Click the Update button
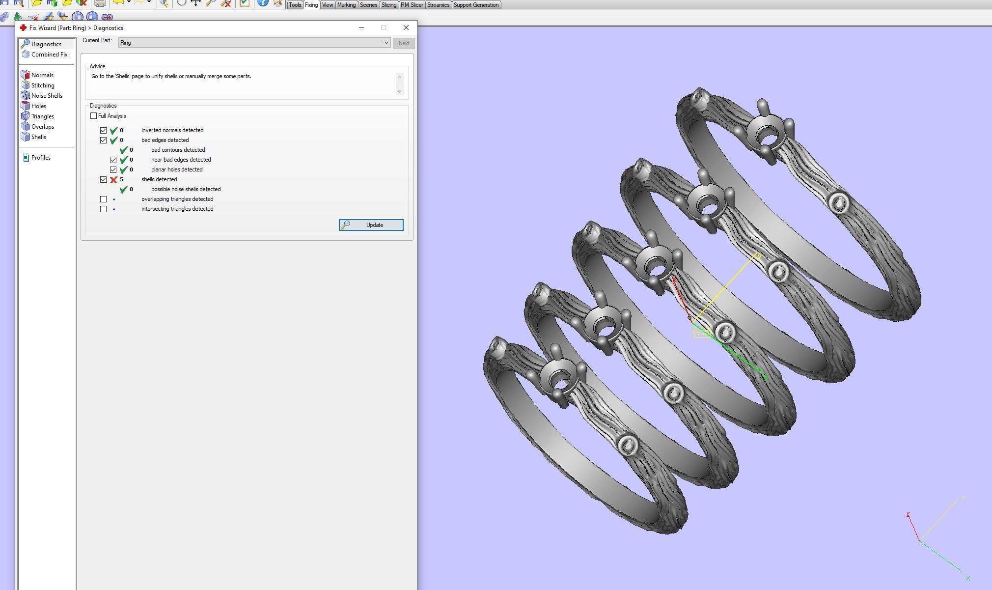[x=371, y=225]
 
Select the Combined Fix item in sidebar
[x=49, y=55]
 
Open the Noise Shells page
[x=46, y=96]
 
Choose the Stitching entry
[x=43, y=85]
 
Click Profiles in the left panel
[x=41, y=158]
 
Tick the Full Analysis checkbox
[x=94, y=116]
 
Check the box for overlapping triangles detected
[x=103, y=199]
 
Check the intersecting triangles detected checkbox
[x=103, y=209]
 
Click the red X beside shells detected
[x=113, y=179]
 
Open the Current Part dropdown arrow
[x=386, y=43]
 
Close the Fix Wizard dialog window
[x=406, y=28]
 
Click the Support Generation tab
[x=476, y=5]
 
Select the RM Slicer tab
[x=412, y=5]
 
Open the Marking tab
[x=346, y=5]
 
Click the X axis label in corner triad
[x=967, y=578]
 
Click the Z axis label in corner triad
[x=908, y=514]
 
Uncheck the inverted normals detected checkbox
[x=103, y=130]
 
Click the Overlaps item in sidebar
[x=42, y=127]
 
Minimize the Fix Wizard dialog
[x=361, y=28]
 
